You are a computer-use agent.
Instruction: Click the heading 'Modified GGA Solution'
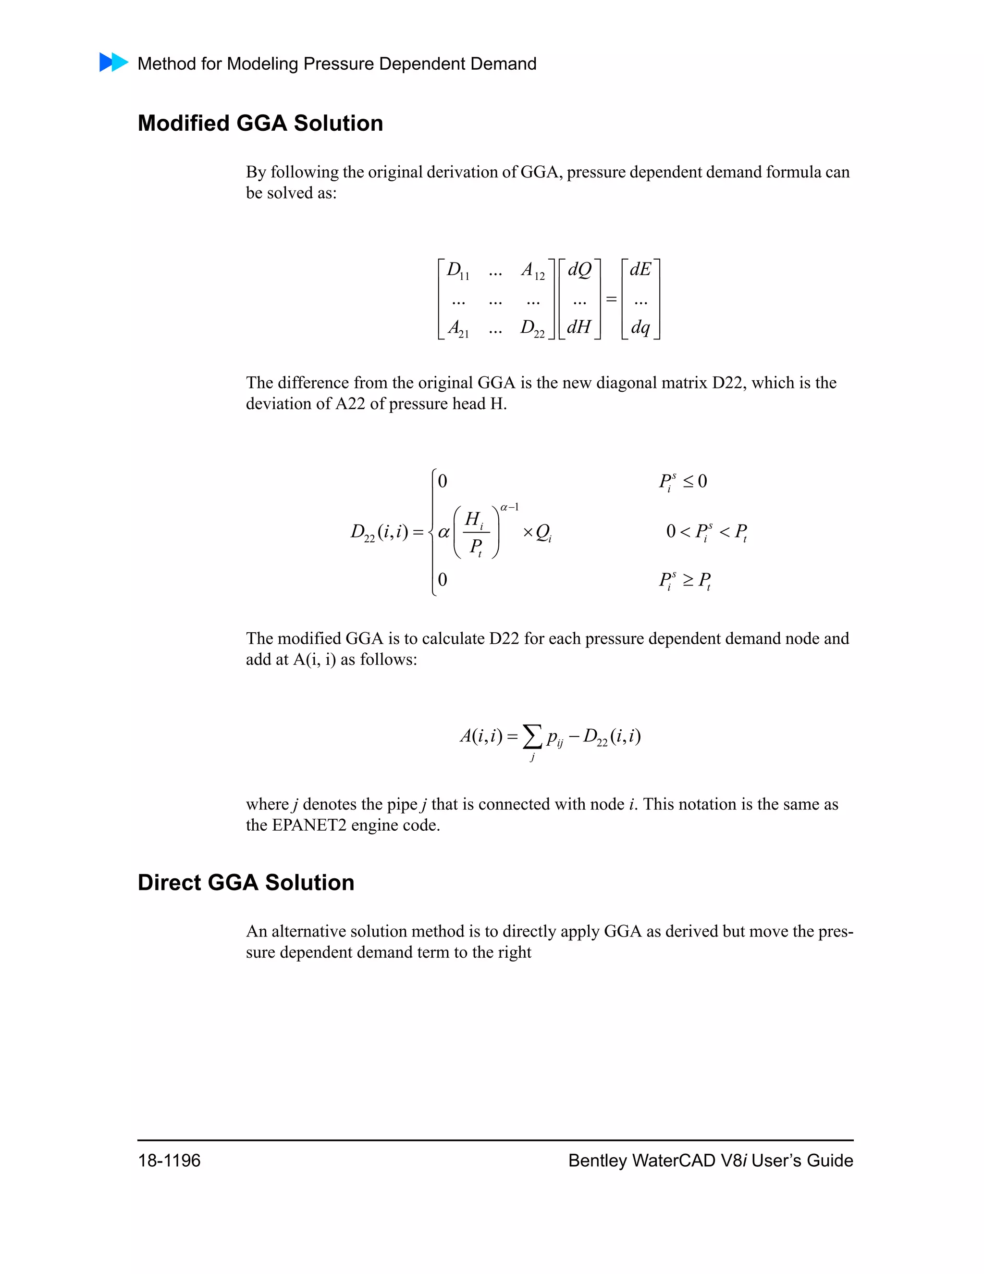click(x=260, y=123)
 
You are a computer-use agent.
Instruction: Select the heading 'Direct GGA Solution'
click(x=246, y=882)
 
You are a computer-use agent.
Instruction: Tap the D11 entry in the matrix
click(x=457, y=271)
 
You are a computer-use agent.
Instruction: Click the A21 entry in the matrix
click(x=457, y=328)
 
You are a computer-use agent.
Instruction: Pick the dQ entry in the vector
click(x=579, y=270)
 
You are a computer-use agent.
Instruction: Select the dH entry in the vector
click(x=579, y=326)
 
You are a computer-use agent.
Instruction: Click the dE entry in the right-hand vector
click(x=640, y=270)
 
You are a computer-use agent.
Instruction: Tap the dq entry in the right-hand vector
click(x=640, y=328)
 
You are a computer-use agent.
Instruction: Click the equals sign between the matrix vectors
click(x=611, y=299)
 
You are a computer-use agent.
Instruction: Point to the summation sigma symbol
click(x=532, y=737)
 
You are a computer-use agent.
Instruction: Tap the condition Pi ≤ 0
click(x=683, y=482)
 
